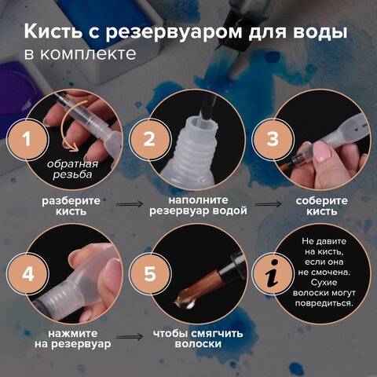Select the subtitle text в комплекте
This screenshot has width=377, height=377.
[79, 55]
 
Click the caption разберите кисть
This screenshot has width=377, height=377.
[71, 205]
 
